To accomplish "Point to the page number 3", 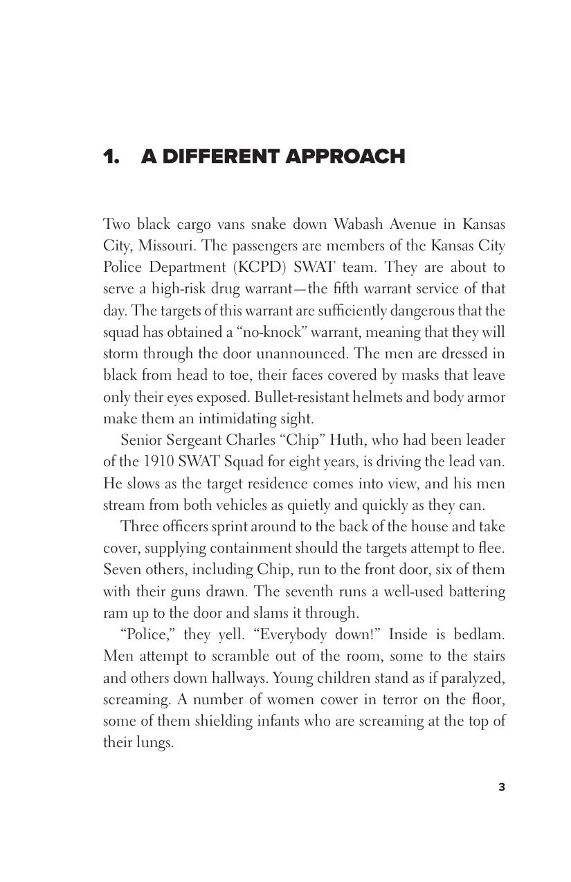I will point(502,787).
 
